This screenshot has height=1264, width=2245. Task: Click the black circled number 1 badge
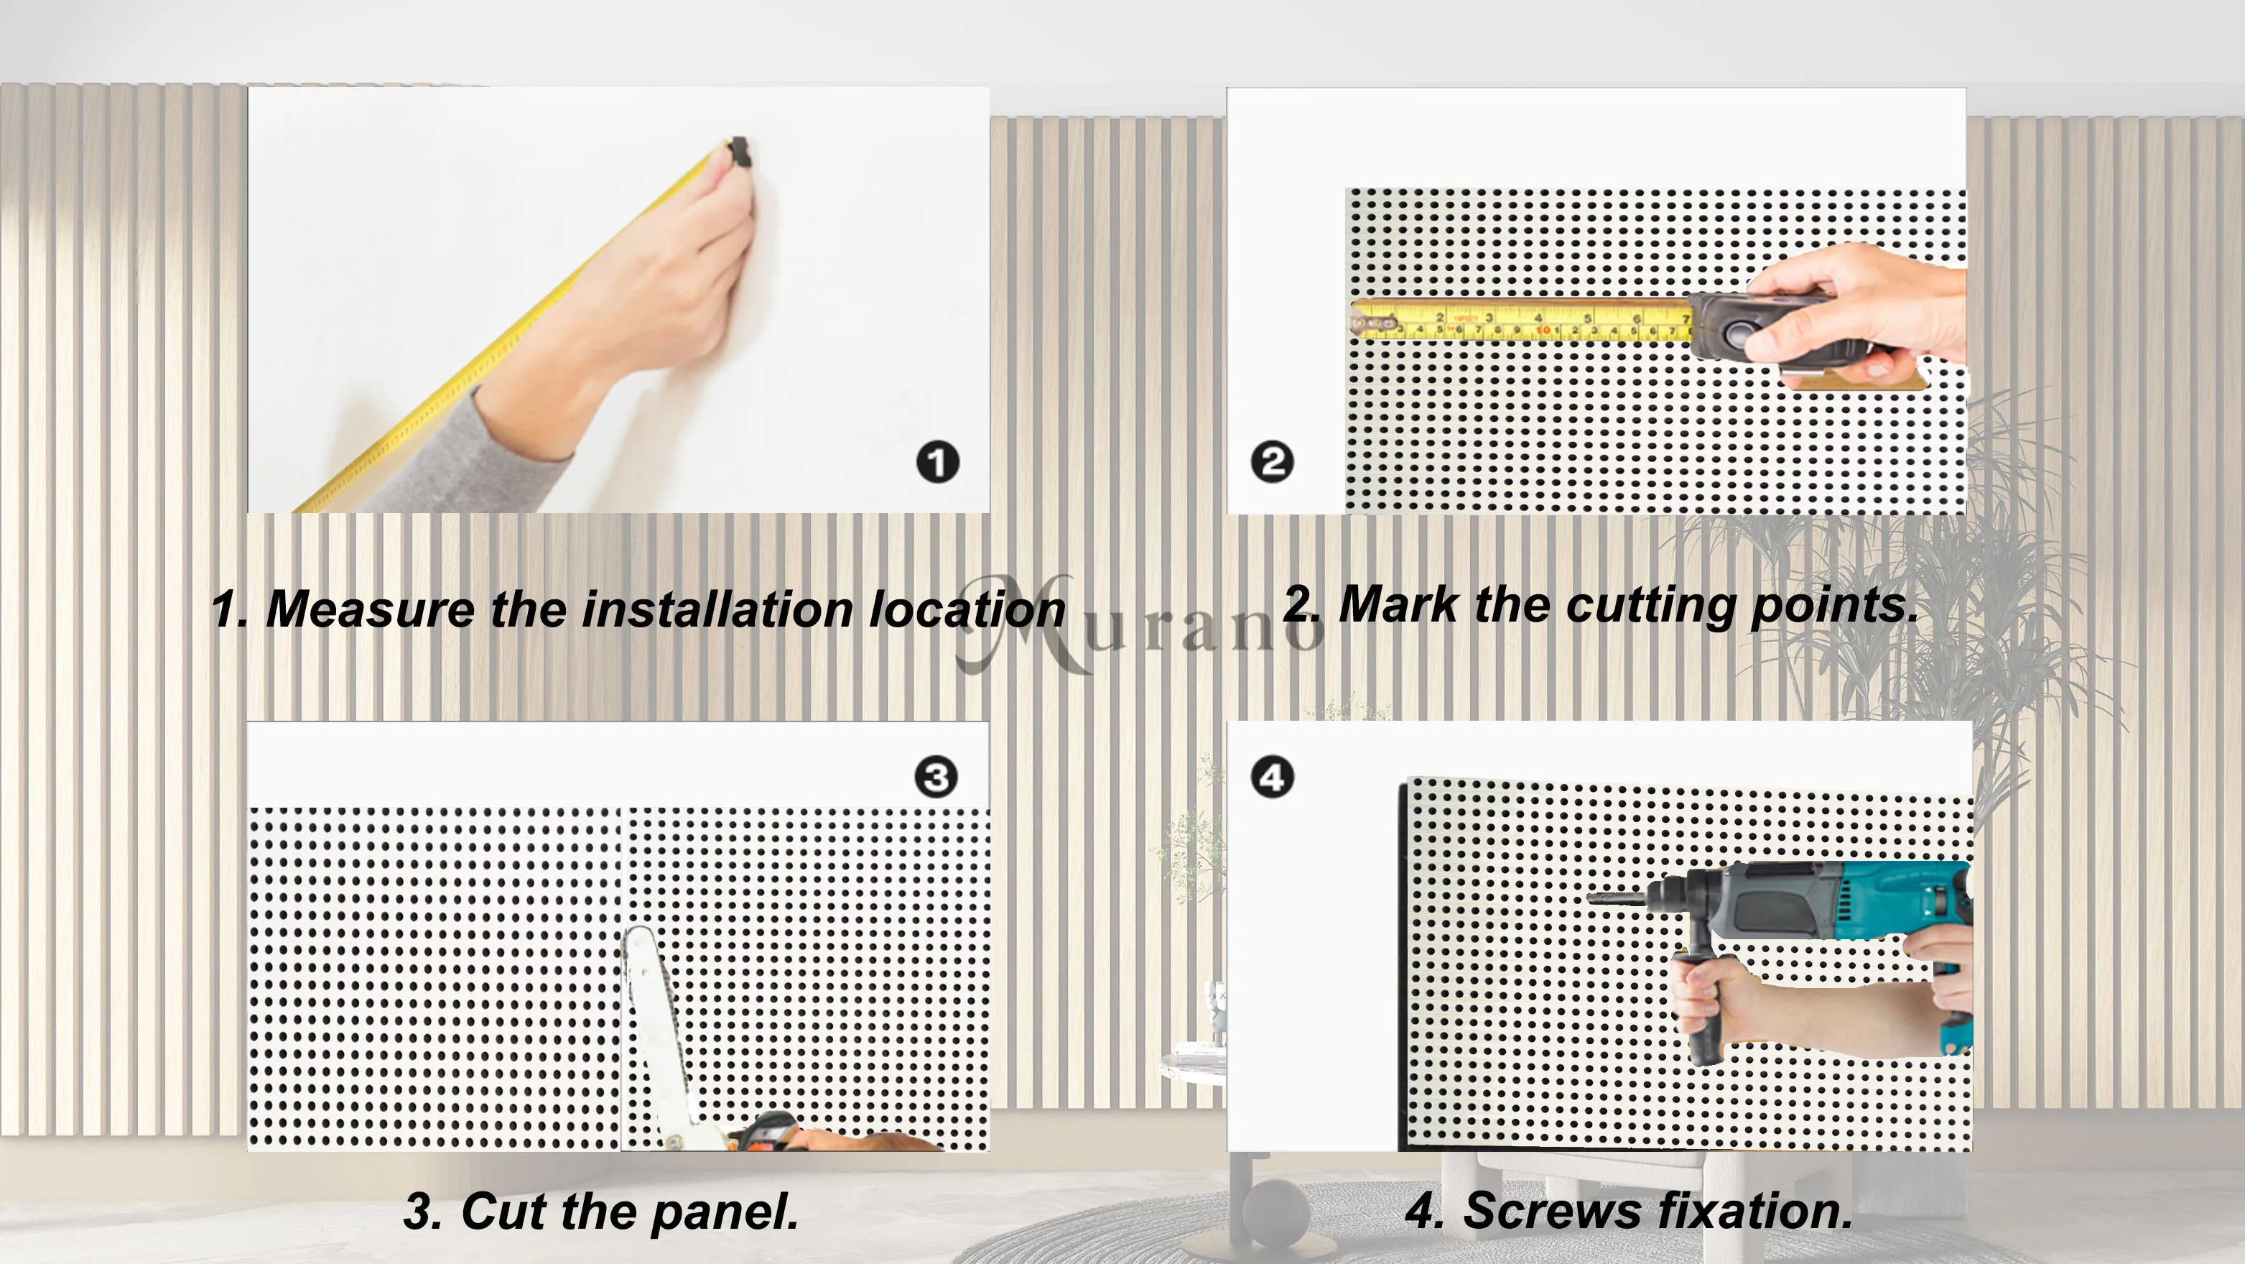pos(938,462)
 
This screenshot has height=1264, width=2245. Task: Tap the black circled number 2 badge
pos(1273,462)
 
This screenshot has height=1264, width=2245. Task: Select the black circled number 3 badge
pos(936,777)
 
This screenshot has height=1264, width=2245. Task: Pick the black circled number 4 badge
pos(1273,777)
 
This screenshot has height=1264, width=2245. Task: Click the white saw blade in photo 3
pos(656,1028)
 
